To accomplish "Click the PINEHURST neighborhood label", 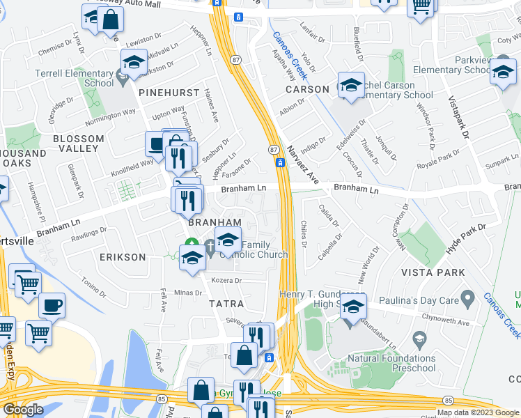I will [x=169, y=93].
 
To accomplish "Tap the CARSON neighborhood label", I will [x=307, y=89].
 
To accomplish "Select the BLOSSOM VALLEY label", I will [x=73, y=144].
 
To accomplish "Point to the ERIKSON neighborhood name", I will [x=122, y=257].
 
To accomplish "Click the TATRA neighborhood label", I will [x=226, y=304].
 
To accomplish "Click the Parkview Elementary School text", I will [x=452, y=65].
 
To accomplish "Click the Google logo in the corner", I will [x=23, y=409].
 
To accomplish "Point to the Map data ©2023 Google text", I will [x=477, y=412].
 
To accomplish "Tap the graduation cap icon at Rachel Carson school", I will [x=351, y=85].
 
